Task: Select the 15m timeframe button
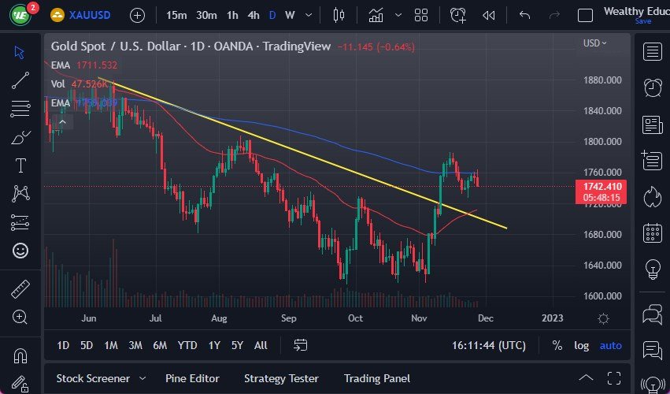click(x=176, y=15)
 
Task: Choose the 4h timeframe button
click(x=253, y=15)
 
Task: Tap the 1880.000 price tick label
click(x=604, y=80)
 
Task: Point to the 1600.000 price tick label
click(x=604, y=296)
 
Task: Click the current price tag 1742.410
click(x=604, y=186)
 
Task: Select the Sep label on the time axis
click(x=289, y=318)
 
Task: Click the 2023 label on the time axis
click(x=553, y=318)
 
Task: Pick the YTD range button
click(x=187, y=345)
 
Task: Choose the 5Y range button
click(x=237, y=345)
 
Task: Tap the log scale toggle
click(x=581, y=345)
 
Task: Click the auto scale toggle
click(x=610, y=345)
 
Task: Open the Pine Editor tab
click(x=192, y=378)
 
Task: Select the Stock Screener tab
click(x=93, y=378)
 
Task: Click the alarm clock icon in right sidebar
click(x=652, y=87)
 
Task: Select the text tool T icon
click(x=20, y=165)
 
